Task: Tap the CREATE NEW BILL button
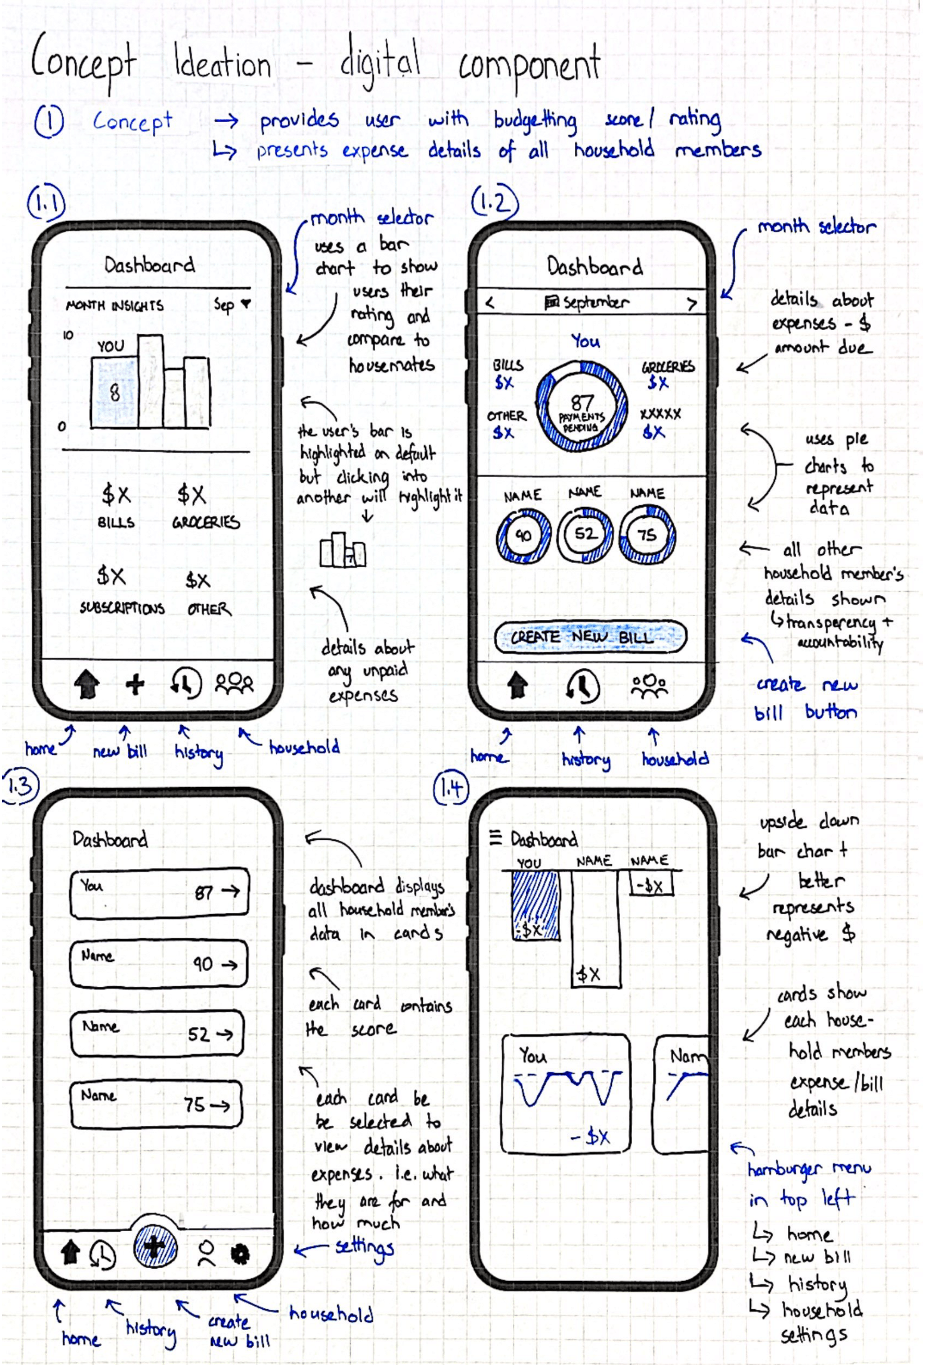point(590,637)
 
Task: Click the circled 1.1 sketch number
point(46,203)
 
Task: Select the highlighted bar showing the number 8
point(115,393)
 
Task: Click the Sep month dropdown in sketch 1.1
point(232,305)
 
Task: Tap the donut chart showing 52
point(585,534)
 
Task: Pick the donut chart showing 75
point(648,534)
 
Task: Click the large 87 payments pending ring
point(582,406)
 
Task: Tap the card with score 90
point(158,964)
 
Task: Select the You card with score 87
point(160,893)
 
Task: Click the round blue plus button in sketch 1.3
point(155,1247)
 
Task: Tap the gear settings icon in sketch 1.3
point(240,1254)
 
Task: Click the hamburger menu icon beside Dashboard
point(495,837)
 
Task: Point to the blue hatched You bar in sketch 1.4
point(535,905)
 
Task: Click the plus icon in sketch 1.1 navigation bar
point(135,684)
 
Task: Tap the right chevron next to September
point(691,304)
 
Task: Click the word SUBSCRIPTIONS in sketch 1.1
point(122,608)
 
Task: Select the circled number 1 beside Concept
point(49,121)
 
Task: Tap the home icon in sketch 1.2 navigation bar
point(517,684)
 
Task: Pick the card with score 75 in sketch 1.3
point(156,1105)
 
